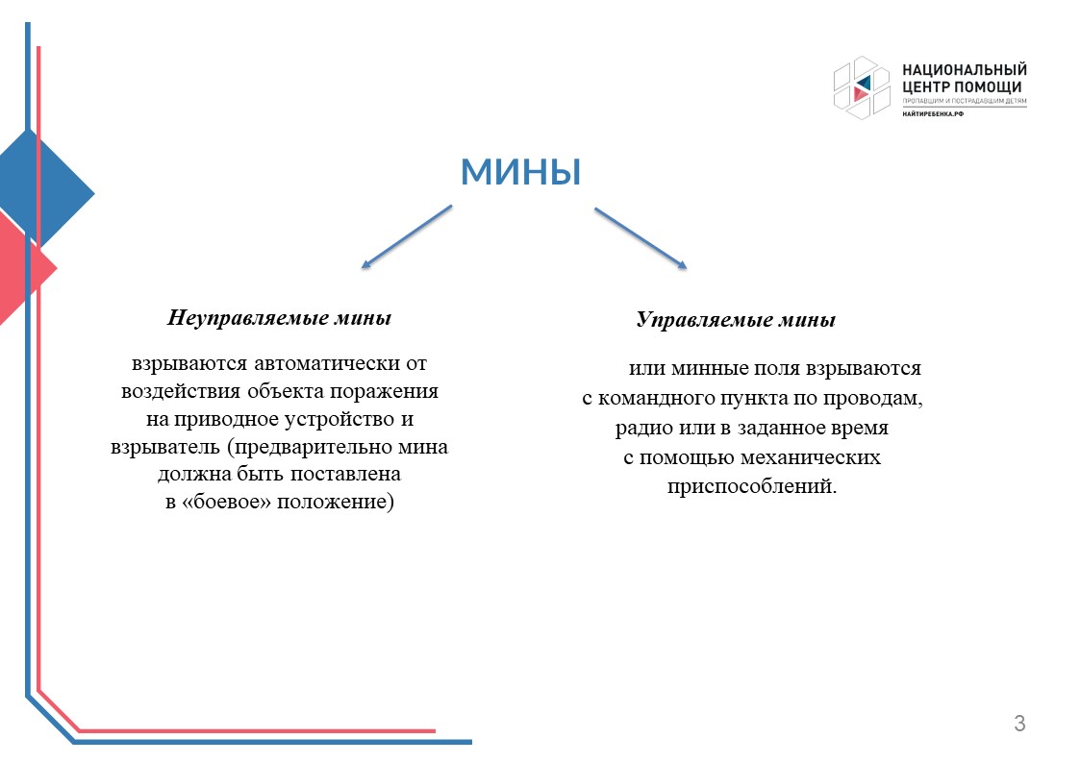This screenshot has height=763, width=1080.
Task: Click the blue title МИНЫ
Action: click(x=520, y=171)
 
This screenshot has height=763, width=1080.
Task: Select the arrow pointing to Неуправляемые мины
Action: click(x=407, y=236)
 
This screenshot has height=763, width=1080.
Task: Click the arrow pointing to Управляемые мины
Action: click(x=640, y=238)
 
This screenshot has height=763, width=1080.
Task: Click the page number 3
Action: click(x=1019, y=723)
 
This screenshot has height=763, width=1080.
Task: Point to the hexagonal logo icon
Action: click(x=862, y=88)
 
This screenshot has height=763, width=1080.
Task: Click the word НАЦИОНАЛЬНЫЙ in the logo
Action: click(x=965, y=69)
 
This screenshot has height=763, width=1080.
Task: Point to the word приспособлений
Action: click(x=752, y=486)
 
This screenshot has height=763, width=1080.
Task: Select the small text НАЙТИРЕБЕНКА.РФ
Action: click(x=933, y=113)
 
